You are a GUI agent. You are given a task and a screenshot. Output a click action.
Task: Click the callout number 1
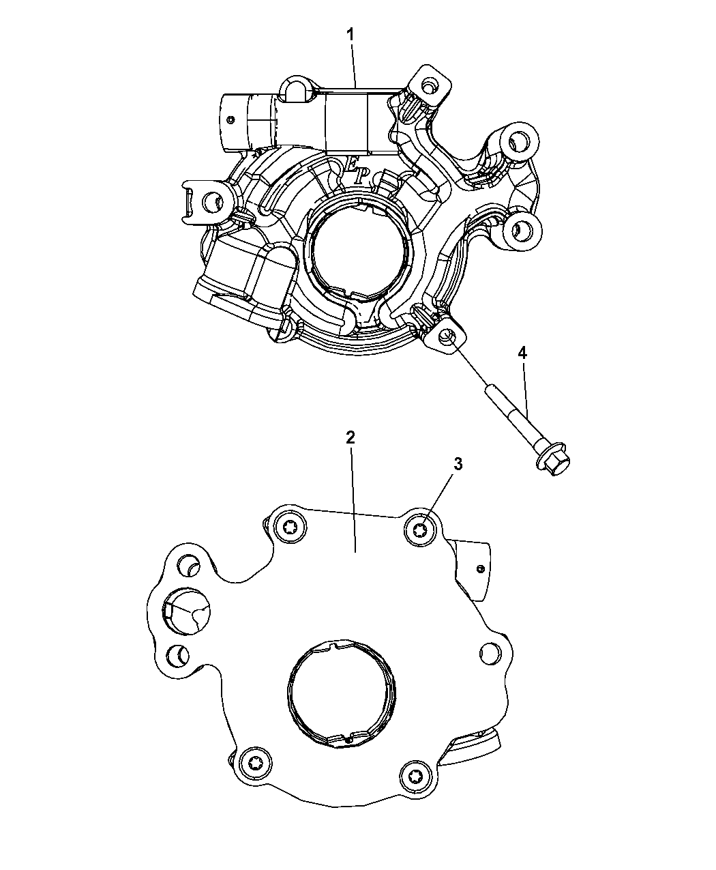pos(350,35)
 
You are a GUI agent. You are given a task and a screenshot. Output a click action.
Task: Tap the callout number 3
pos(458,464)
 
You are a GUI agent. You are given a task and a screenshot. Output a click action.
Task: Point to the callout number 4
pos(522,353)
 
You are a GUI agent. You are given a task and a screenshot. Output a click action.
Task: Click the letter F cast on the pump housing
pos(353,164)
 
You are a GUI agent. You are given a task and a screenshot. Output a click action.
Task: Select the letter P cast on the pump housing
pos(359,177)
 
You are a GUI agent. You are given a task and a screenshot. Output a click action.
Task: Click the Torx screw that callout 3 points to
pos(420,530)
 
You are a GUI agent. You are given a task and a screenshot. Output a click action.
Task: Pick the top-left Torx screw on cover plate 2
pos(290,527)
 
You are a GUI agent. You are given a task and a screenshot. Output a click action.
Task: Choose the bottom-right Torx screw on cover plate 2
pos(415,776)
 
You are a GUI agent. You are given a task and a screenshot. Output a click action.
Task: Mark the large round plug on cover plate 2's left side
pos(187,611)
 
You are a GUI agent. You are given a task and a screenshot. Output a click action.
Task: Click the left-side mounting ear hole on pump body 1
pos(213,202)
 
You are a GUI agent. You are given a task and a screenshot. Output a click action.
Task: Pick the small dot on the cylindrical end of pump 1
pos(230,120)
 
